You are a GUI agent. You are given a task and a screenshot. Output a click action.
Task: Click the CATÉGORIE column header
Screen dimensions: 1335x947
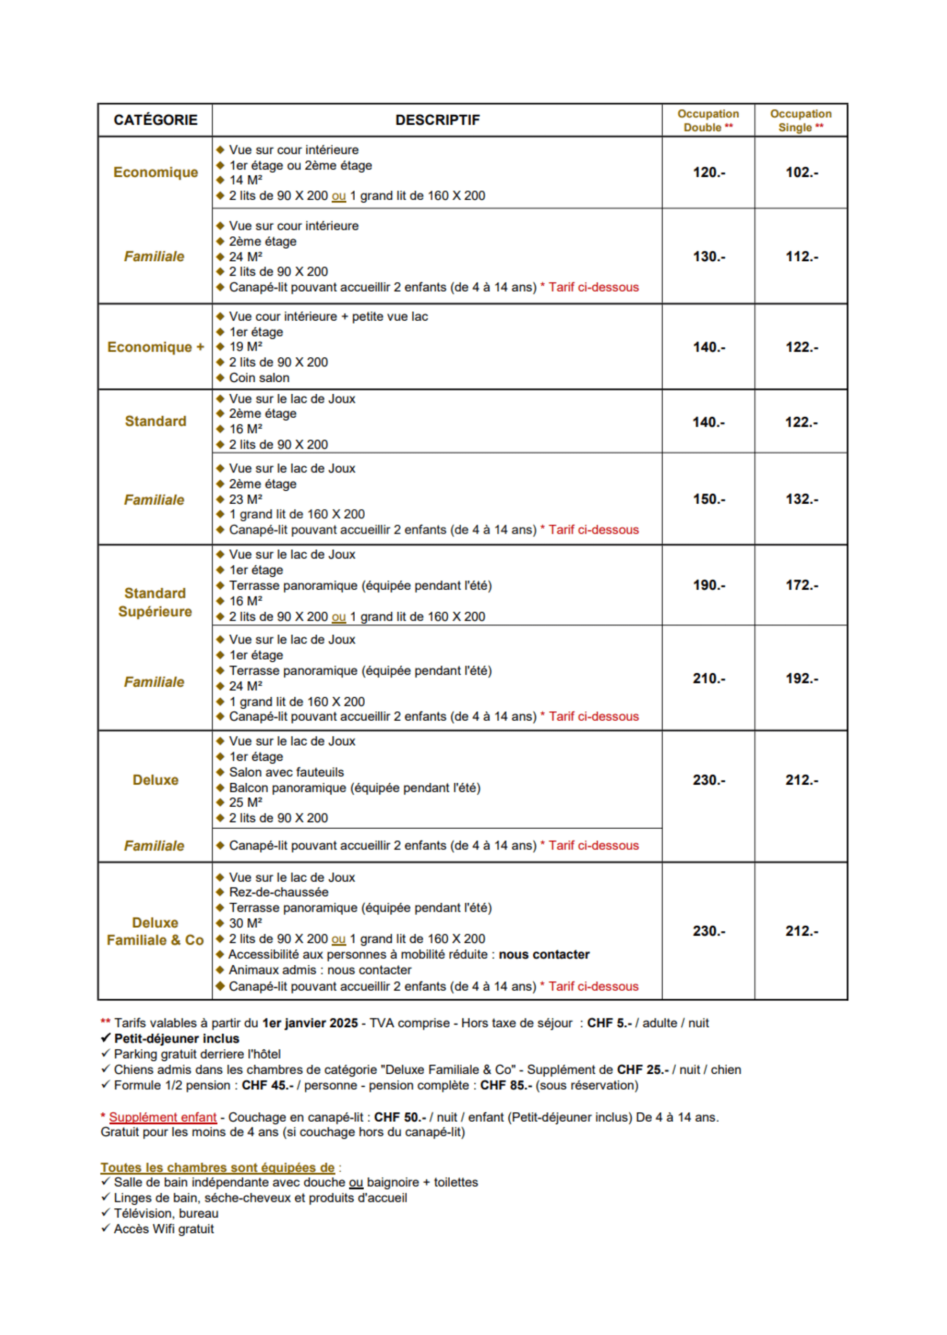pos(155,120)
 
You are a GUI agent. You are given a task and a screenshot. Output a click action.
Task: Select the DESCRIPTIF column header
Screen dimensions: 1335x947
pos(437,120)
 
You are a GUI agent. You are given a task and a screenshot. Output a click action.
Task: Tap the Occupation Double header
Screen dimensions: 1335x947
pos(708,120)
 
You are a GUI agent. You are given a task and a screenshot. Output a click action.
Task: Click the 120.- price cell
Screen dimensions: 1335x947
pos(709,173)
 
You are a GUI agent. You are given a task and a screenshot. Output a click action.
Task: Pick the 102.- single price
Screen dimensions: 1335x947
pos(801,173)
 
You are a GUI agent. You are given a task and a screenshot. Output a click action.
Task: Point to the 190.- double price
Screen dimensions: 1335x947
pos(709,585)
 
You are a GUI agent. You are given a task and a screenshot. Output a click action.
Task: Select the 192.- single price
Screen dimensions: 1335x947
pos(801,678)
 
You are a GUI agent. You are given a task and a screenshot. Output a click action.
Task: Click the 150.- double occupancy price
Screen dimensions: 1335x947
pos(709,500)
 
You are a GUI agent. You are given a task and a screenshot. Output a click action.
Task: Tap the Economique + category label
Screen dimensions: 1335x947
pos(155,347)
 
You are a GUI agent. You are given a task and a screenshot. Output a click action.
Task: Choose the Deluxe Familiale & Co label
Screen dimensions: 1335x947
pos(155,931)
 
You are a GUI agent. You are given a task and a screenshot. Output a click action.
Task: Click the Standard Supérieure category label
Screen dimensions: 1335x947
pos(155,602)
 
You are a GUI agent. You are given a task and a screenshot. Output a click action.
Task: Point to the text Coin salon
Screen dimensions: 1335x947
pos(259,378)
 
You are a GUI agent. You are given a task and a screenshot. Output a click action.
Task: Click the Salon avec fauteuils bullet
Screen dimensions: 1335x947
pos(286,772)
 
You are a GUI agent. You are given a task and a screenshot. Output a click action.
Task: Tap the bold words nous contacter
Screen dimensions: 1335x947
pos(544,954)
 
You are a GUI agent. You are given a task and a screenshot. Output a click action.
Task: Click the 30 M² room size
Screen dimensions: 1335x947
pos(246,923)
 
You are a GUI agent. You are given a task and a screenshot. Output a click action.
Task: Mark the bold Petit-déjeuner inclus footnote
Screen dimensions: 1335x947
pos(176,1038)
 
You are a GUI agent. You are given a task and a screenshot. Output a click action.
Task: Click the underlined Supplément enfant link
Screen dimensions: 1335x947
pos(163,1117)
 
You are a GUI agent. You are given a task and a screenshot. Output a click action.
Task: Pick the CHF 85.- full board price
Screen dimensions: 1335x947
pos(506,1085)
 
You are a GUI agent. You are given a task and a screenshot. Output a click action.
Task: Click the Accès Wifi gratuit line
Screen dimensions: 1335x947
pos(164,1229)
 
